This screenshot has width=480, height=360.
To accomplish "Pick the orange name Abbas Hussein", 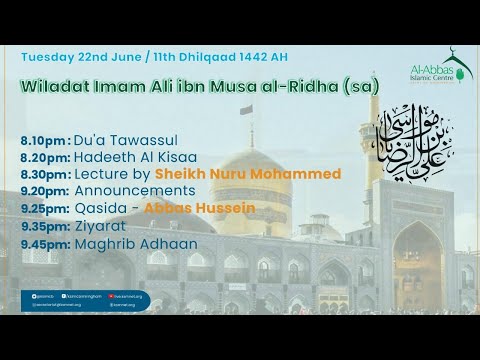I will (x=200, y=208).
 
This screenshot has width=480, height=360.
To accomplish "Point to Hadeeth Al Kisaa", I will (x=134, y=157).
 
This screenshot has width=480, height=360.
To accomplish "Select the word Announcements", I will (x=134, y=190).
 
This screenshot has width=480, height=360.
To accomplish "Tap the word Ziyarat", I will (x=102, y=226).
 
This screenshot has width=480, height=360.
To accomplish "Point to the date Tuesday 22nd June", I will (x=77, y=54).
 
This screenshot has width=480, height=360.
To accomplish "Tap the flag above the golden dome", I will (x=246, y=110).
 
